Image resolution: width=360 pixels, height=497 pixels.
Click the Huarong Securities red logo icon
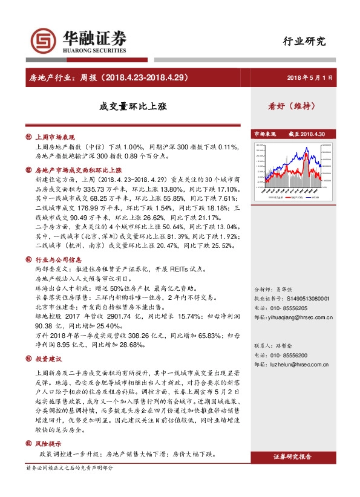(x=42, y=41)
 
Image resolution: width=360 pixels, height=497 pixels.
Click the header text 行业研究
(x=304, y=42)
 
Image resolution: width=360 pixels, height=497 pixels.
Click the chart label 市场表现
(x=264, y=134)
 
